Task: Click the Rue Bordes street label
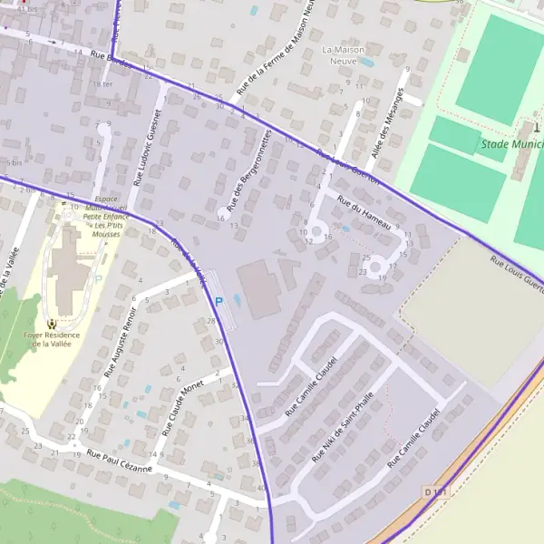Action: [x=111, y=60]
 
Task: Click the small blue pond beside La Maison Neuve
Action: [x=366, y=63]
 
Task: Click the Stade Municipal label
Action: [x=512, y=143]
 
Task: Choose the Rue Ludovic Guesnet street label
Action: [x=146, y=148]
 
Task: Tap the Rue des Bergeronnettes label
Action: [x=244, y=172]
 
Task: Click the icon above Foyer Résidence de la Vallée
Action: [x=53, y=323]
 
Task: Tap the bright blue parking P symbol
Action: [x=219, y=300]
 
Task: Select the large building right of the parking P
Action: [x=258, y=289]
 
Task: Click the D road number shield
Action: [x=435, y=491]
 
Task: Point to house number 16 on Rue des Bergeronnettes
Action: [x=221, y=219]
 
